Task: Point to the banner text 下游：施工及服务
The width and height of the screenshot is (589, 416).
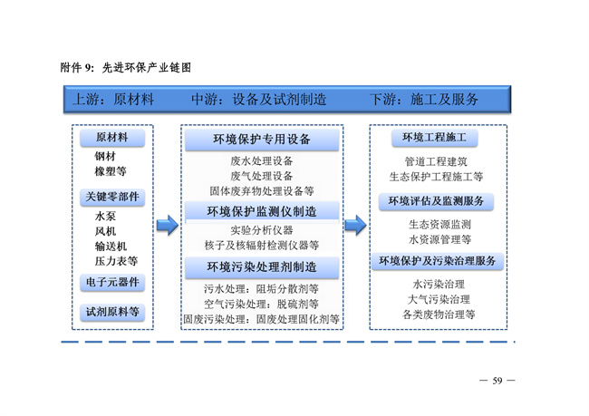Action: point(424,100)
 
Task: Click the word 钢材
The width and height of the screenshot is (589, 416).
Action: point(105,156)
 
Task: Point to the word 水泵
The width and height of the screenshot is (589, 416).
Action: point(105,217)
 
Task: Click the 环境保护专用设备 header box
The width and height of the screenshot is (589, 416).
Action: point(261,140)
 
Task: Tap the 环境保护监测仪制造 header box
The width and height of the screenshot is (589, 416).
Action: point(261,211)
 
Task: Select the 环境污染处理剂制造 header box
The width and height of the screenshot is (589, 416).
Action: point(261,267)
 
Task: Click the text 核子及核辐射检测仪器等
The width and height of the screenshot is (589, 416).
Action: point(262,245)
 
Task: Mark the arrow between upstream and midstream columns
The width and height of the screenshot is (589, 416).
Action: point(167,225)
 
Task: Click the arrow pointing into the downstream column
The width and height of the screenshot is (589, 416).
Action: point(355,225)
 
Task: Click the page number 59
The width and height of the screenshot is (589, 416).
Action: point(497,380)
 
